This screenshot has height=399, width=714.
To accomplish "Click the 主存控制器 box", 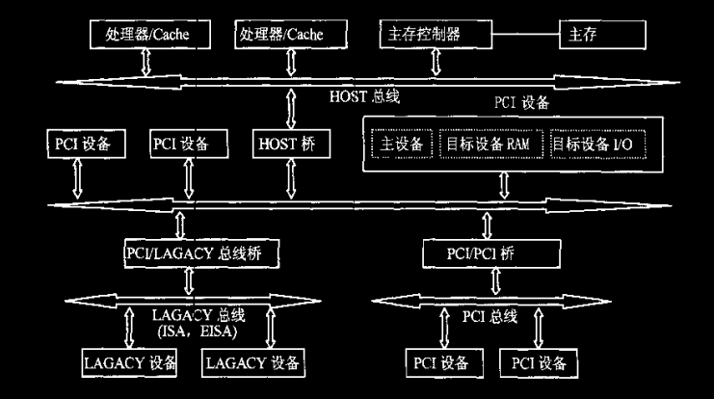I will click(435, 34).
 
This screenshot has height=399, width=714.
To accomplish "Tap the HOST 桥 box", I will click(288, 145).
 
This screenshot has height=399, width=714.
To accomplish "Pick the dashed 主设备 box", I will click(399, 145).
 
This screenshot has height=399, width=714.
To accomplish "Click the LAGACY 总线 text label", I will click(197, 316).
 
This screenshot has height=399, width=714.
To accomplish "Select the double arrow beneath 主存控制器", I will click(436, 63).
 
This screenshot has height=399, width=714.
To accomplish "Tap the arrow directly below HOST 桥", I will click(288, 179).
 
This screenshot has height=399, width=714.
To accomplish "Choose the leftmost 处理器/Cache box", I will click(146, 34).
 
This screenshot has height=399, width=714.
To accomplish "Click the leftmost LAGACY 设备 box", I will click(129, 363).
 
